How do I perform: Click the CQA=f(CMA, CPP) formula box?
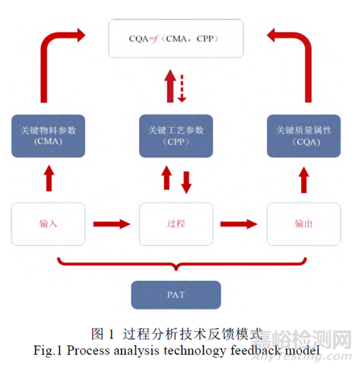176,38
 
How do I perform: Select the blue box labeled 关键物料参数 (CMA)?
48,136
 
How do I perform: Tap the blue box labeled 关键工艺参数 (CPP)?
176,136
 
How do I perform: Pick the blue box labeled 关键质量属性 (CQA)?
304,136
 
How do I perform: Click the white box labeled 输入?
48,224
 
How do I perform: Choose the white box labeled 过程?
176,224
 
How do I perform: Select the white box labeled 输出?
304,224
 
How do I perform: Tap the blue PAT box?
176,295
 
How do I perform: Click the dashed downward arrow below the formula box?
182,88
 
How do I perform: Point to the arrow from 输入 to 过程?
112,224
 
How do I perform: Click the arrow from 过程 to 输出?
239,224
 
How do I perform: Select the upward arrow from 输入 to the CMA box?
49,178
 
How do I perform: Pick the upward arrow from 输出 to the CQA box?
304,180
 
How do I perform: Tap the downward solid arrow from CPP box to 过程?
186,183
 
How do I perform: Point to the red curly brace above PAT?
176,265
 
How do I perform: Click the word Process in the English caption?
88,351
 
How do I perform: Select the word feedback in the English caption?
256,350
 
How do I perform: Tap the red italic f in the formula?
155,39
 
